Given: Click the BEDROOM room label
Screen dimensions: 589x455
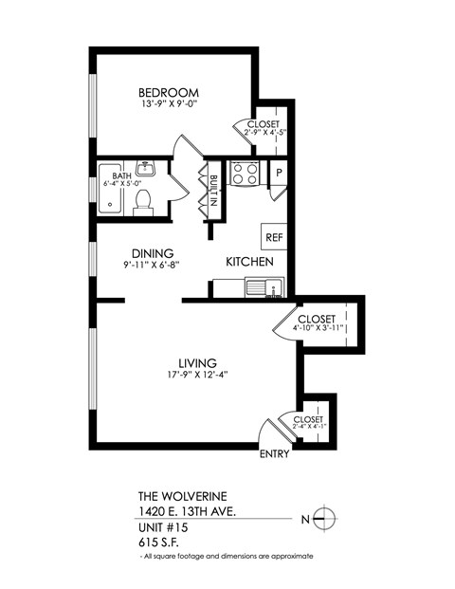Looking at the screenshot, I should pyautogui.click(x=168, y=92).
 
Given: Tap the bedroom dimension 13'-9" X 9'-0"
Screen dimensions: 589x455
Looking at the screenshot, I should pyautogui.click(x=168, y=105).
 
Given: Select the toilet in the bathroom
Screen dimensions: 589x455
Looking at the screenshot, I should pyautogui.click(x=144, y=201).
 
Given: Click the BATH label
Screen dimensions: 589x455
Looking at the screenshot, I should pyautogui.click(x=122, y=175).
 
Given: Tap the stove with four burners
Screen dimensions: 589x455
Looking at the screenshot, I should pyautogui.click(x=246, y=174).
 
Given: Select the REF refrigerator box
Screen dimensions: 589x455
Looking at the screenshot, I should pyautogui.click(x=273, y=236).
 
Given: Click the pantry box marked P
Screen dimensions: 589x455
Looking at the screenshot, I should pyautogui.click(x=279, y=173).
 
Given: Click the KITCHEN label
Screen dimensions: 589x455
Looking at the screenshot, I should pyautogui.click(x=249, y=261).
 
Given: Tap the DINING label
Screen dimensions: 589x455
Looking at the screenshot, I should pyautogui.click(x=152, y=253).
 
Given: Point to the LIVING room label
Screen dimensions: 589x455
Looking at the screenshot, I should pyautogui.click(x=198, y=362).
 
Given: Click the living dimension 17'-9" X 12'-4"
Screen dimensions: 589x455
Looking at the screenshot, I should pyautogui.click(x=198, y=375).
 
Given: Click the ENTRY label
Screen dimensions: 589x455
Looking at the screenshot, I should pyautogui.click(x=274, y=453).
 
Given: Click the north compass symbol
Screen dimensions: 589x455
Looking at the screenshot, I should pyautogui.click(x=324, y=518).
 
